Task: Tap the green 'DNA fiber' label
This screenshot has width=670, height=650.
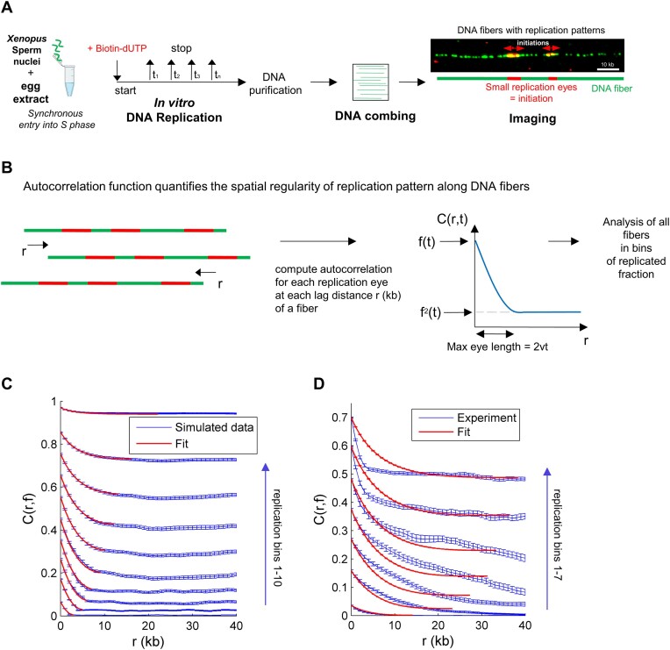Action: [615, 89]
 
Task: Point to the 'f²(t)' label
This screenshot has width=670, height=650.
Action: [446, 312]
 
